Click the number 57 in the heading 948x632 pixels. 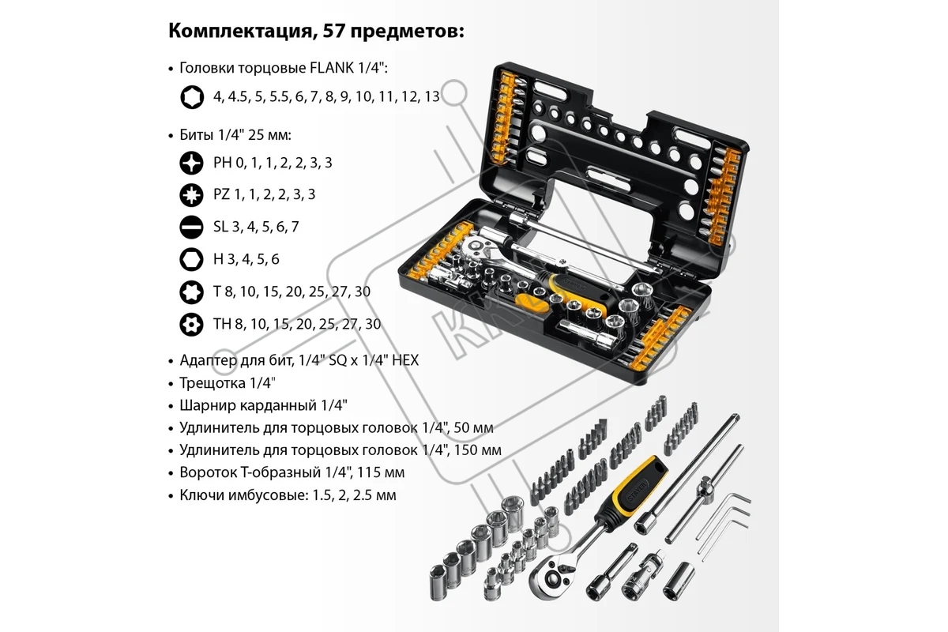333,31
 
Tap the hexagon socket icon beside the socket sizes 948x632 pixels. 192,97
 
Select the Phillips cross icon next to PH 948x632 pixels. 191,163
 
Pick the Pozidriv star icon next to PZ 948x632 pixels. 191,194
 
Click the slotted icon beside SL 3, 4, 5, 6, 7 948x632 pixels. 191,227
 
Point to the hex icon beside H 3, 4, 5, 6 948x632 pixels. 191,259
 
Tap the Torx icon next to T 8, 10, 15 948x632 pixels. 191,292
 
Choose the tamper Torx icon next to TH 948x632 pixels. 191,324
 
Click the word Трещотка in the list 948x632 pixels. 213,383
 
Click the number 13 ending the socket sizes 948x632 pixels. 432,96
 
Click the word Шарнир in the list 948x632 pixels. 207,405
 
